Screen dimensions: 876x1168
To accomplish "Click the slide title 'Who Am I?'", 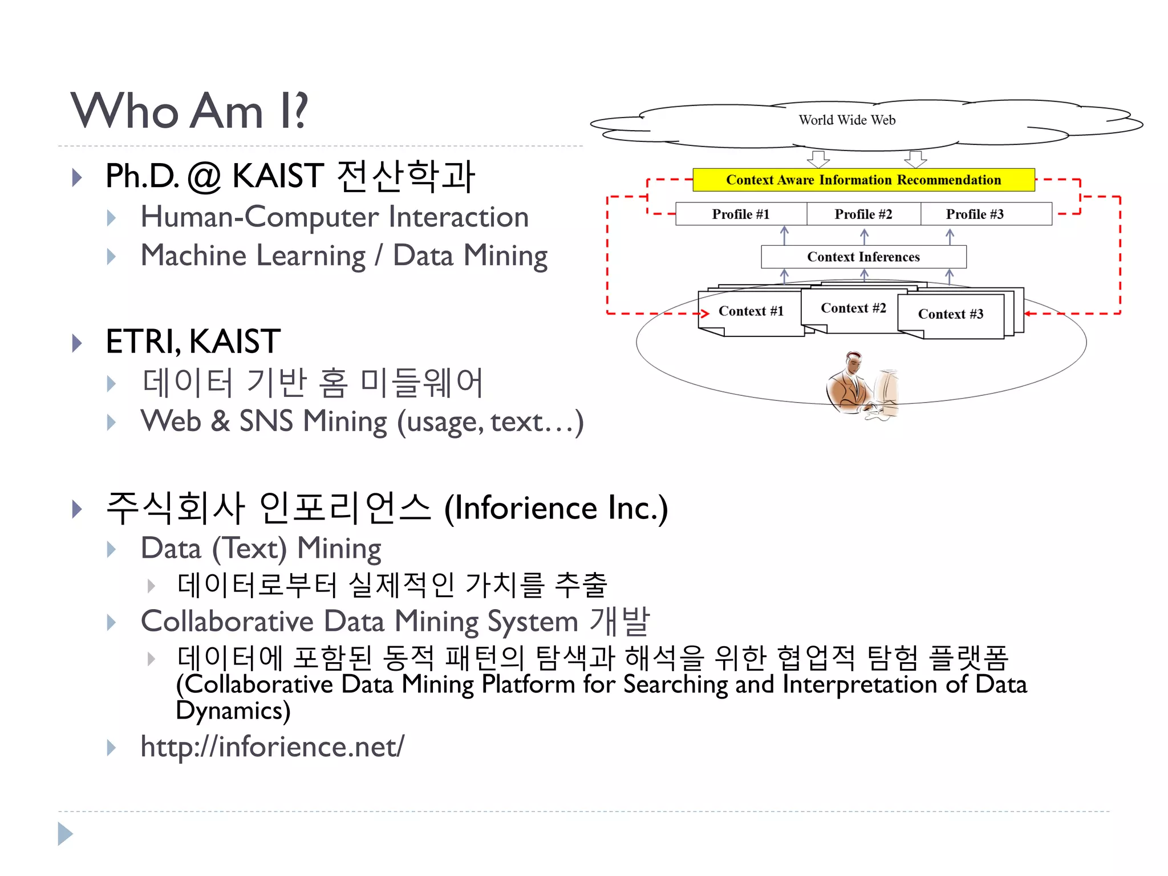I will (x=189, y=111).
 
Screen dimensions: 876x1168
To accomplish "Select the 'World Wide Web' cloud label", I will (x=847, y=120).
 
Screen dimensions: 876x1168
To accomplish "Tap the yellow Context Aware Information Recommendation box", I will (x=863, y=180).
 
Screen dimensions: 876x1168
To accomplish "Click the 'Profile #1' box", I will (x=741, y=214).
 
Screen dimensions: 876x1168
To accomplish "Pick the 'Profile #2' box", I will (x=863, y=214).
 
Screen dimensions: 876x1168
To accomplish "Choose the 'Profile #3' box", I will (x=975, y=214).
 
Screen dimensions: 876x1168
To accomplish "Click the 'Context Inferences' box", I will (x=863, y=257).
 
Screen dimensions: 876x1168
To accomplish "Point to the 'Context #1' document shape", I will (x=751, y=311).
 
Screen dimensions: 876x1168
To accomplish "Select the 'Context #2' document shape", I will (x=853, y=309).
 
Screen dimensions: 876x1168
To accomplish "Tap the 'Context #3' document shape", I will (x=951, y=314).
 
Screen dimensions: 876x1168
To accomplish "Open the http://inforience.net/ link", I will (x=273, y=747).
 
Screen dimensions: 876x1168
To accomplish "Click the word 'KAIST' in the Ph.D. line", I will (x=278, y=176).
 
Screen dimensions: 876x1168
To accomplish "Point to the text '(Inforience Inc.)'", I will (x=556, y=508).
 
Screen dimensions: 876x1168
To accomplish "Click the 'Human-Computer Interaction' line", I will (x=335, y=217).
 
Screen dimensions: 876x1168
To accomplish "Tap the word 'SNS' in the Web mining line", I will (x=266, y=421).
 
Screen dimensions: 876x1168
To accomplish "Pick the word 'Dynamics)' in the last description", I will (x=233, y=711).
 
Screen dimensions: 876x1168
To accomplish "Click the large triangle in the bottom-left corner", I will (x=65, y=834).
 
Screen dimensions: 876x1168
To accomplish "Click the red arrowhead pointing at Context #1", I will (x=705, y=313).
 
